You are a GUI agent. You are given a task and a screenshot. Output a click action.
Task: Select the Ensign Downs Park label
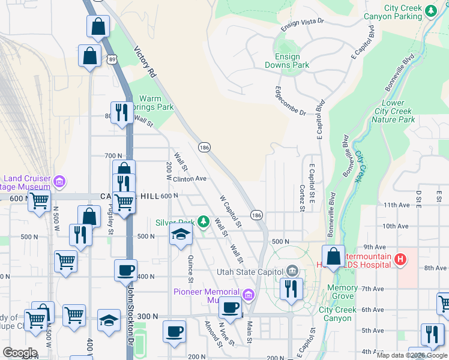point(288,61)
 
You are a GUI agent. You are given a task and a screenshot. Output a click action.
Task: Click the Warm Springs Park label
point(156,103)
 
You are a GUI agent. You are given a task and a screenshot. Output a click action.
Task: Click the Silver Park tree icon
point(203,222)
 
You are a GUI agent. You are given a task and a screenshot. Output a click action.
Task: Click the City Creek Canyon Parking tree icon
point(430,11)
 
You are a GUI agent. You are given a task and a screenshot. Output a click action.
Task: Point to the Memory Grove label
point(343,292)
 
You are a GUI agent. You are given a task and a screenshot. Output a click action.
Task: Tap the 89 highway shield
point(112,58)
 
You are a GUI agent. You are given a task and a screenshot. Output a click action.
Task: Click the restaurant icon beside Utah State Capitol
point(291,289)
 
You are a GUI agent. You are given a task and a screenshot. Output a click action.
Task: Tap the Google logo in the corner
point(20,353)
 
